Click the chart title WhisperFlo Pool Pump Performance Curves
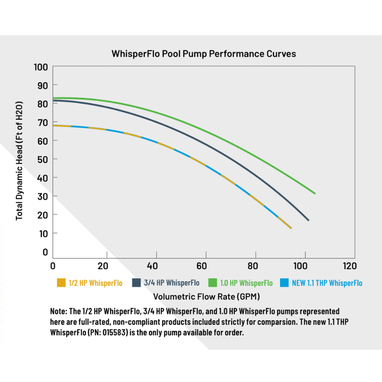204,54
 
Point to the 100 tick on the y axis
41,67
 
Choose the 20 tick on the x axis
103,266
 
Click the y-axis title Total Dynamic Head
20,160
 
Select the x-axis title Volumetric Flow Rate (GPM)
206,296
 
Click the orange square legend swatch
61,283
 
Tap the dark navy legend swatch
136,283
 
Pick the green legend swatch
213,283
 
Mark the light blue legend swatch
284,283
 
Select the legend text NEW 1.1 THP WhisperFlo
327,283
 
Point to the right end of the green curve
315,193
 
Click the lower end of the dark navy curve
308,220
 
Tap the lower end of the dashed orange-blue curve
291,228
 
